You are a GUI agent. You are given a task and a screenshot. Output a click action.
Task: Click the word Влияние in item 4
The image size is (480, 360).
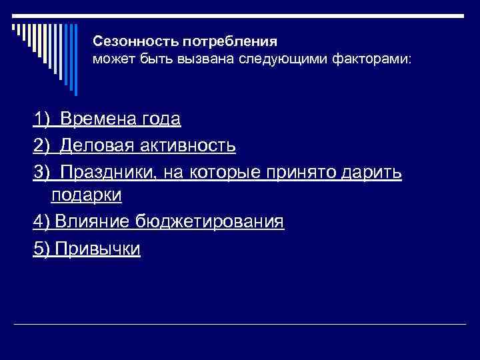[x=93, y=221]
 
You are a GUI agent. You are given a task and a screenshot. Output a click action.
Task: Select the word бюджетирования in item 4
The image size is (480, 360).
[x=209, y=221]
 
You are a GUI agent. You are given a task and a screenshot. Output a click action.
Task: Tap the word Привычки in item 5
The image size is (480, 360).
[x=98, y=247]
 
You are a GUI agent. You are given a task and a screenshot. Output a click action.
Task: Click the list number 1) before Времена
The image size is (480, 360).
[x=42, y=119]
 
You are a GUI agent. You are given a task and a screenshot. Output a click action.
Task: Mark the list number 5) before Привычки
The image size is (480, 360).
[x=42, y=247]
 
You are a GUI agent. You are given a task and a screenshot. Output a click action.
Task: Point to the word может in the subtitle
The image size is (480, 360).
[x=109, y=59]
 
